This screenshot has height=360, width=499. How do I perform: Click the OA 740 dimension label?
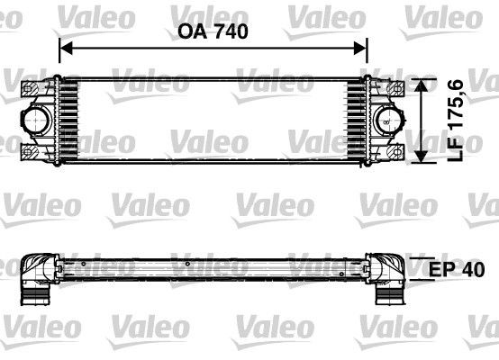point(213,31)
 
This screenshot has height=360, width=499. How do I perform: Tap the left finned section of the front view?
point(69,120)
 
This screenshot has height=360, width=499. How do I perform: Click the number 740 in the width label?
point(229,31)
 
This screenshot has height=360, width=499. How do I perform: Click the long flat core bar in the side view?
point(213,267)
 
